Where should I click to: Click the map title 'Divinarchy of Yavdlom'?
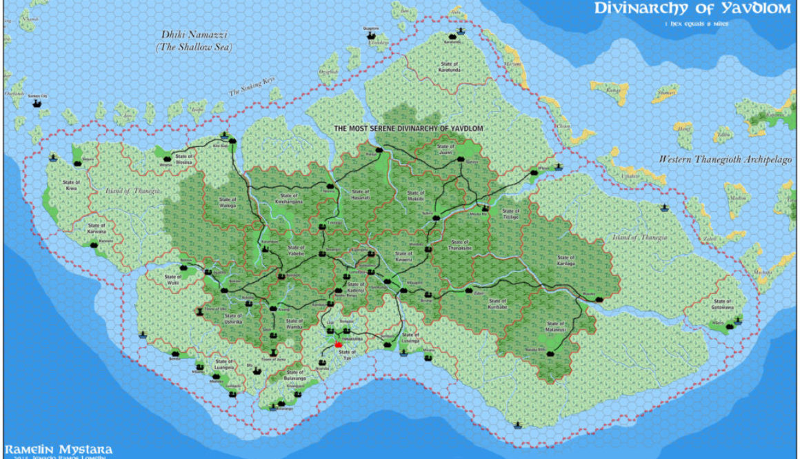(x=692, y=9)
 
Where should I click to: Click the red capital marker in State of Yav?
(x=338, y=344)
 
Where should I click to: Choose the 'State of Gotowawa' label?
(x=722, y=304)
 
